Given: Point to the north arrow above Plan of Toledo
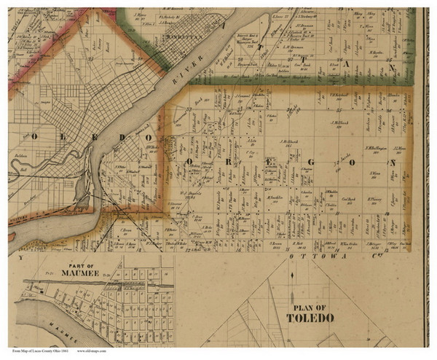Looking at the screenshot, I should [x=292, y=277].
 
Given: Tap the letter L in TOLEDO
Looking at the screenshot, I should [x=62, y=137].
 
